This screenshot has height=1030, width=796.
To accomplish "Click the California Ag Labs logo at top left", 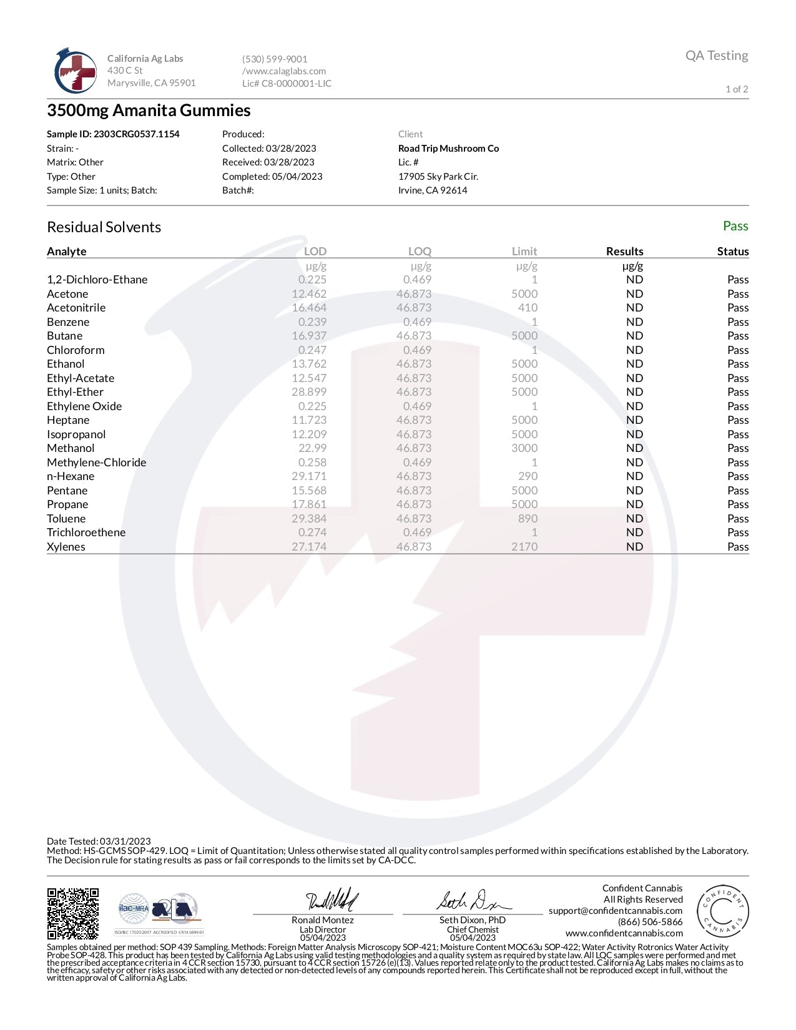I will pyautogui.click(x=76, y=71).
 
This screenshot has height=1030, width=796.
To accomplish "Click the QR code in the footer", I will pyautogui.click(x=73, y=913).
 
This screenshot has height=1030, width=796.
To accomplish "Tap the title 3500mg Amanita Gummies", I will pyautogui.click(x=149, y=110).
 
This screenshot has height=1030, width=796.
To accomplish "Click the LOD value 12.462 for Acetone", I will pyautogui.click(x=309, y=294).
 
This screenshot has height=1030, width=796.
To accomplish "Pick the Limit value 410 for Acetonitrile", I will pyautogui.click(x=528, y=308).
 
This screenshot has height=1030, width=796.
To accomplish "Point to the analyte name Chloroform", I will pyautogui.click(x=76, y=350).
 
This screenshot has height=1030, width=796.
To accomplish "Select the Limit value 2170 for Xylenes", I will pyautogui.click(x=524, y=547).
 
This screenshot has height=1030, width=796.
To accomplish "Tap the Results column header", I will pyautogui.click(x=624, y=252).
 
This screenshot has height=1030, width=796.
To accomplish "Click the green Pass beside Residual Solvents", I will pyautogui.click(x=735, y=226).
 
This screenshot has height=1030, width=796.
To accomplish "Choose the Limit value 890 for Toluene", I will pyautogui.click(x=528, y=519).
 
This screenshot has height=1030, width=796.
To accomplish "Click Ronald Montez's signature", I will pyautogui.click(x=332, y=900).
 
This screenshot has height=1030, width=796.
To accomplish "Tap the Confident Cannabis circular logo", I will pyautogui.click(x=722, y=911).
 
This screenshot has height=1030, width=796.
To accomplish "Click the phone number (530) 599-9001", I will pyautogui.click(x=275, y=59).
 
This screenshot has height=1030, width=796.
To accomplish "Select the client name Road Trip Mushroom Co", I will pyautogui.click(x=448, y=149).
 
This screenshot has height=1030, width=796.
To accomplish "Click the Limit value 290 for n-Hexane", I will pyautogui.click(x=528, y=476).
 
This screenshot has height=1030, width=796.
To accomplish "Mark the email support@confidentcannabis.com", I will pyautogui.click(x=616, y=911).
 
